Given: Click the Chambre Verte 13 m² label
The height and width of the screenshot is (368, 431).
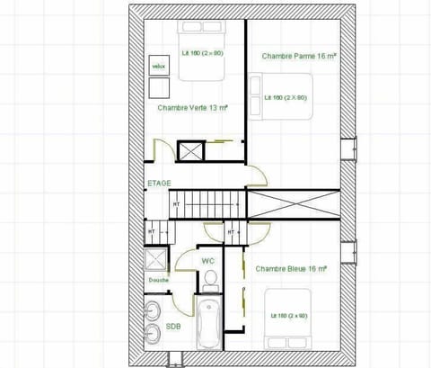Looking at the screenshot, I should pos(192,107).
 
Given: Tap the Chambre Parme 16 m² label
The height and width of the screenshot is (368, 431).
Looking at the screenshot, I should pos(299,56).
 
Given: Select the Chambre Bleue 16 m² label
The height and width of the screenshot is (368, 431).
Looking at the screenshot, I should pos(289,268).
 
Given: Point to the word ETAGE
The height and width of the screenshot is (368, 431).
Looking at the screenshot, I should pos(159,183).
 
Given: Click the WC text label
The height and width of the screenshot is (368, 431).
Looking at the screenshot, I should pos(207,261).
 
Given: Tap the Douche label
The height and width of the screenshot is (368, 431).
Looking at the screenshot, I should pos(158,280).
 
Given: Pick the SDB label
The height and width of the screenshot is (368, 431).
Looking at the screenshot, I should pos(172,327).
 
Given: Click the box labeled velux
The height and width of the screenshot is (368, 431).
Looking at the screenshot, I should pos(159,66).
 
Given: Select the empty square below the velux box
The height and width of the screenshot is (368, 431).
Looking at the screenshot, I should pos(159,88).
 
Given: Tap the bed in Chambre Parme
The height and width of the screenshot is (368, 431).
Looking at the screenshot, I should pos(285,96).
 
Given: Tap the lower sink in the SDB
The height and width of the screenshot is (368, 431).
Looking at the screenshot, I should pos(154,333).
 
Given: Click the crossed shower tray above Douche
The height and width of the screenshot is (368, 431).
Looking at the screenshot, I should pos(157,260).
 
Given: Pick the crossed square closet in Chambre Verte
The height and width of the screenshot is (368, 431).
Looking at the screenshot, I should pos(191,149).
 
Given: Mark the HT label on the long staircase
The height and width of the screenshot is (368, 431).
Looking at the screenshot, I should pos(177,204).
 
